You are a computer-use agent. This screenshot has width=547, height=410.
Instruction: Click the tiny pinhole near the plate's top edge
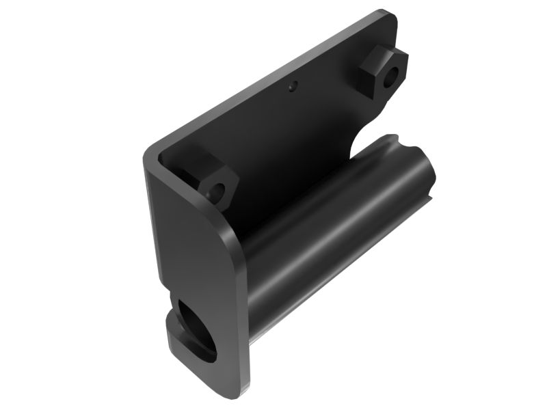[293, 87]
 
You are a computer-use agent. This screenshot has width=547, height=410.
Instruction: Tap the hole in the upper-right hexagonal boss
[391, 77]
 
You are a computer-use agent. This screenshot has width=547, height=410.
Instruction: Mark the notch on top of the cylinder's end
[402, 141]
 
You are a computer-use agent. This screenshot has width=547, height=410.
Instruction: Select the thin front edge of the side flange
[241, 321]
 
